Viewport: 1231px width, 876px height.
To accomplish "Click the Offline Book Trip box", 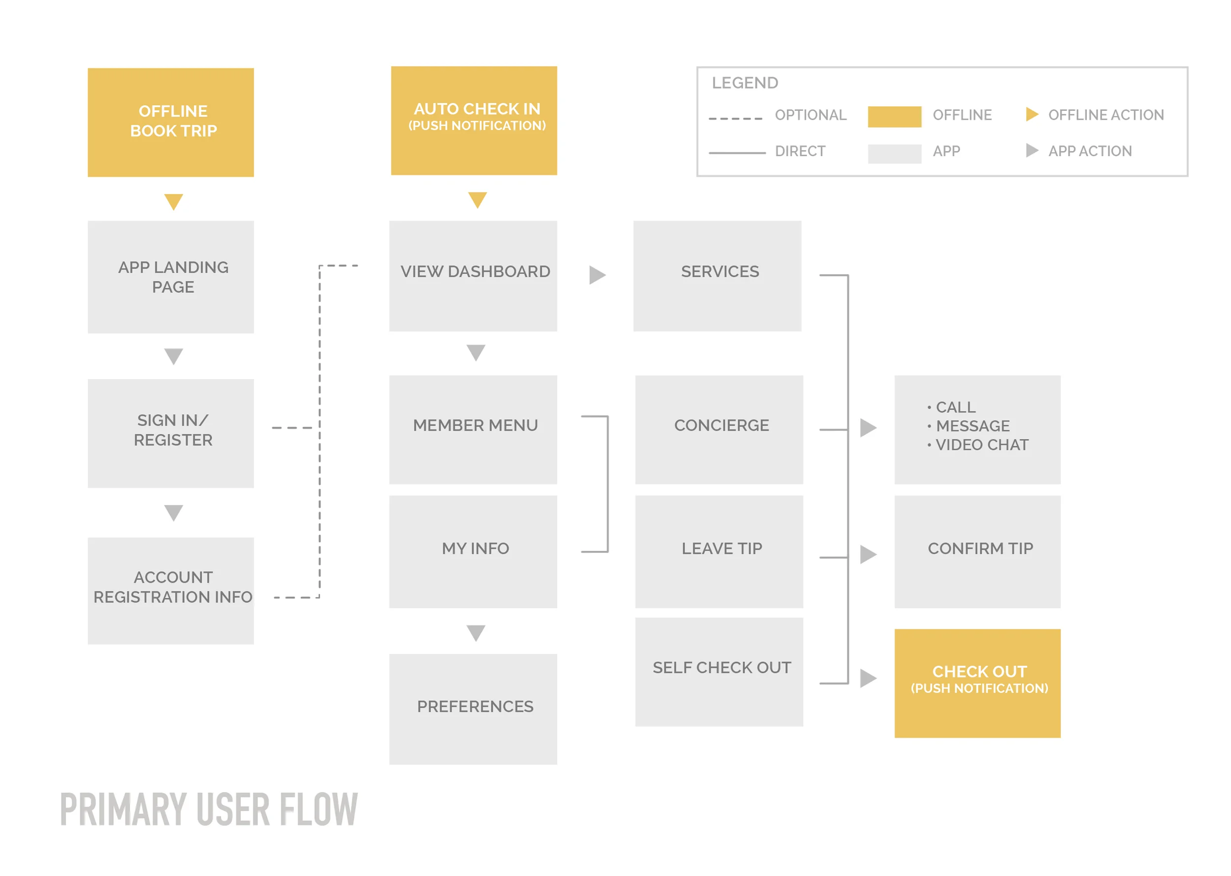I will point(170,123).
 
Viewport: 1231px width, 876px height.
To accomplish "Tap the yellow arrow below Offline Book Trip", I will point(173,201).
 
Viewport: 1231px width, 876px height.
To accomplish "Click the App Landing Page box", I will point(170,277).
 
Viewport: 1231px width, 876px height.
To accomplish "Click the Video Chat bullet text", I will point(981,445).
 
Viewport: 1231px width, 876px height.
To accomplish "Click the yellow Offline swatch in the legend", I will point(894,117).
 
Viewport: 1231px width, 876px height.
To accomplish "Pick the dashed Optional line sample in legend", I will point(735,118).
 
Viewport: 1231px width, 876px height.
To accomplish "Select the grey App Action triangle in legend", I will point(1031,150).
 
